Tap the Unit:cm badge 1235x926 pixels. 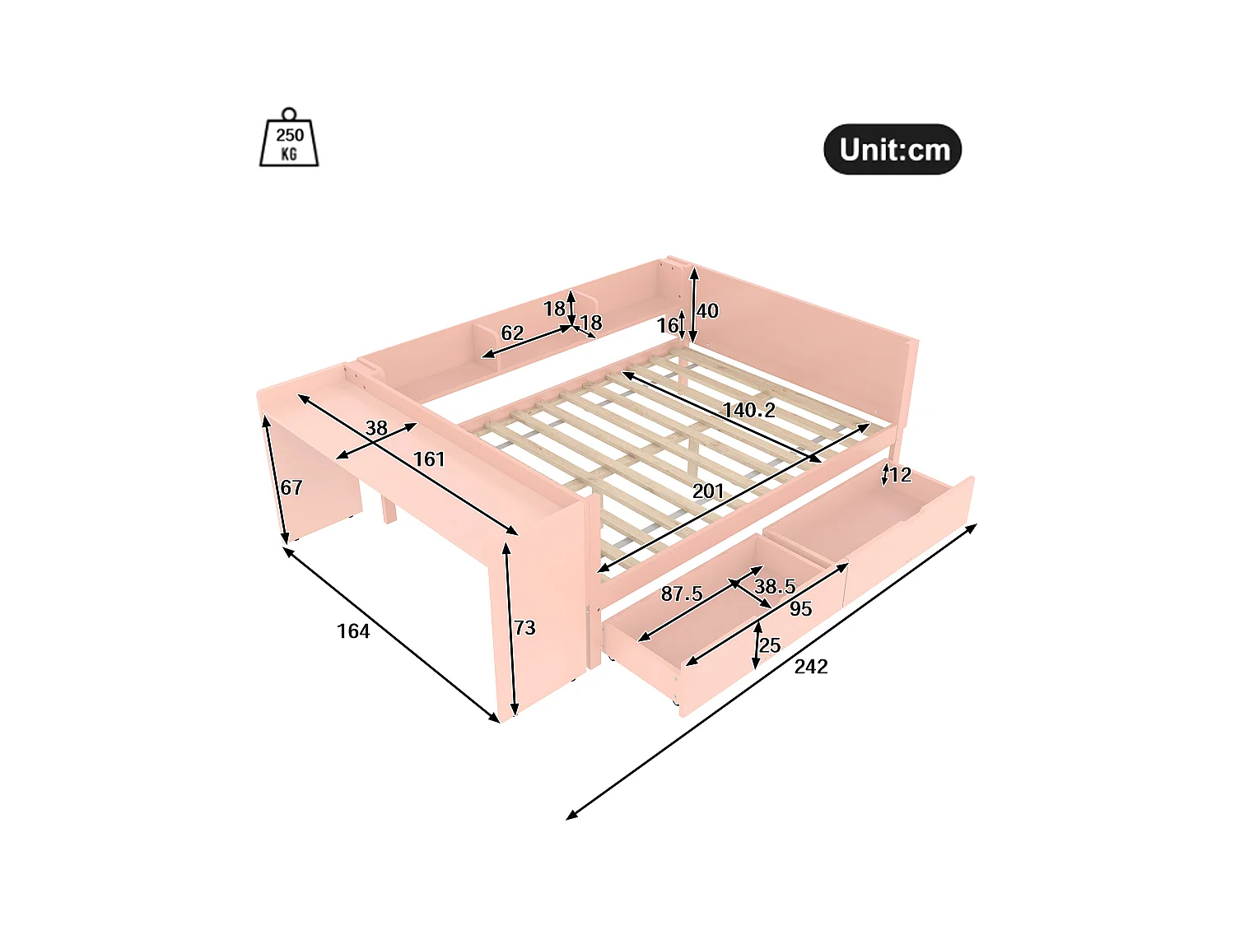point(892,149)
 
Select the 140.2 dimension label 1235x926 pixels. point(748,410)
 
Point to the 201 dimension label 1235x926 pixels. point(708,491)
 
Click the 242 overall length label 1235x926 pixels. point(811,667)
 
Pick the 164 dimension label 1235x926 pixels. point(353,631)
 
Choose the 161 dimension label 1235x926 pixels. point(429,459)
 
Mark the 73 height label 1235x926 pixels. point(524,628)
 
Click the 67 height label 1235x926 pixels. point(291,487)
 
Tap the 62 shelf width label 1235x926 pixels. point(512,333)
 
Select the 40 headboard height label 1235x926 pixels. point(707,311)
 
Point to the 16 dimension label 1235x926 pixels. point(667,326)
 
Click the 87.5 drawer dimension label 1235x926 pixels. point(682,593)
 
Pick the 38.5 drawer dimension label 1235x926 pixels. point(775,586)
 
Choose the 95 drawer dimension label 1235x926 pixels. point(800,609)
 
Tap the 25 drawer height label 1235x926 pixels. point(770,645)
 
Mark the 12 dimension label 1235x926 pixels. point(901,475)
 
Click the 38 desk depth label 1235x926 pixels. point(376,428)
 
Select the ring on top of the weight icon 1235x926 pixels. point(288,114)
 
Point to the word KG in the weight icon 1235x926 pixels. point(289,154)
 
